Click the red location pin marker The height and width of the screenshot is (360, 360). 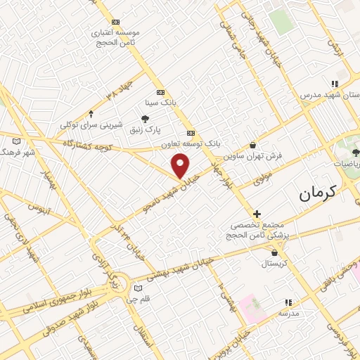(x=181, y=165)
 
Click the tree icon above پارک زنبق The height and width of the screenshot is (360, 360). (x=146, y=119)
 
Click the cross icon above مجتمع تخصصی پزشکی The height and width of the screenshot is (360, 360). (x=257, y=214)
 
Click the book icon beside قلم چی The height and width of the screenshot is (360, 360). (x=138, y=288)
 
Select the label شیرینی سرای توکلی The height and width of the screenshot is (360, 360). (x=87, y=124)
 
